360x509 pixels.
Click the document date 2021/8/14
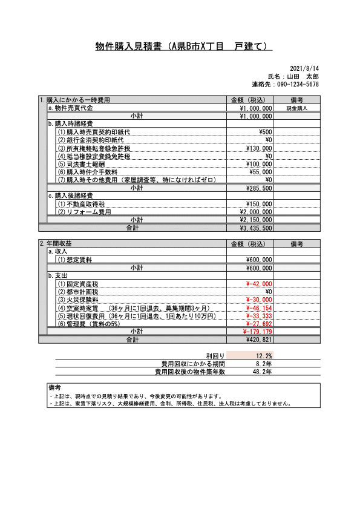(x=305, y=68)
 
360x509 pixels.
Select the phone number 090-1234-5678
(x=298, y=84)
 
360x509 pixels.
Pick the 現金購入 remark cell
(x=297, y=108)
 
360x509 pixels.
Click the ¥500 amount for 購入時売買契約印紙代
(x=265, y=131)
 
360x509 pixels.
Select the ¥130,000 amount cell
(x=259, y=148)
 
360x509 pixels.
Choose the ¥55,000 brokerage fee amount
(x=261, y=172)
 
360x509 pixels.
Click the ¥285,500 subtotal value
(x=257, y=188)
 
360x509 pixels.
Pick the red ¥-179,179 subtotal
(x=257, y=332)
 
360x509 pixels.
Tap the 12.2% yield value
(x=263, y=355)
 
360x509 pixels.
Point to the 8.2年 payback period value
(x=264, y=363)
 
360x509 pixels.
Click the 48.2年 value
(x=262, y=372)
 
